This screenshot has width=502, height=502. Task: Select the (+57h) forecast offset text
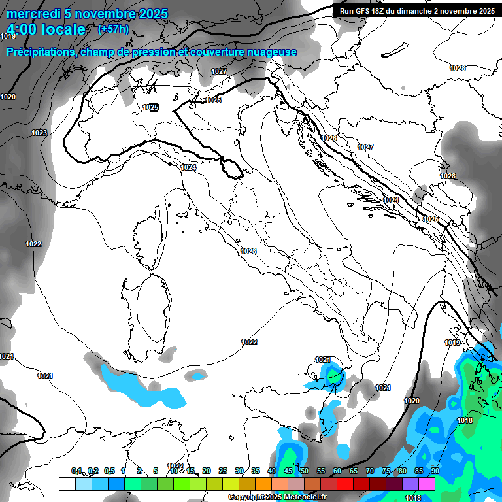[x=113, y=29]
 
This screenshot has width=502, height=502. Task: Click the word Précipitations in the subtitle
[x=39, y=52]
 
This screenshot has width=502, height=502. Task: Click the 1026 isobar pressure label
[x=329, y=138]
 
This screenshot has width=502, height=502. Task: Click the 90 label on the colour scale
[x=435, y=471]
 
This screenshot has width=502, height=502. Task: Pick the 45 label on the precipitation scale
[x=288, y=471]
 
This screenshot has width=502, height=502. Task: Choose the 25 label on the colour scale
[x=223, y=471]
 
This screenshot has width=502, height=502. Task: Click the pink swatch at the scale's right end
[x=427, y=484]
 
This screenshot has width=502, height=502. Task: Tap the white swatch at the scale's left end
[x=67, y=484]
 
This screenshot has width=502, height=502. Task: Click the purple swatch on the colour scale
[x=410, y=484]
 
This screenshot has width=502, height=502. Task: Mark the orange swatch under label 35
[x=263, y=484]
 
